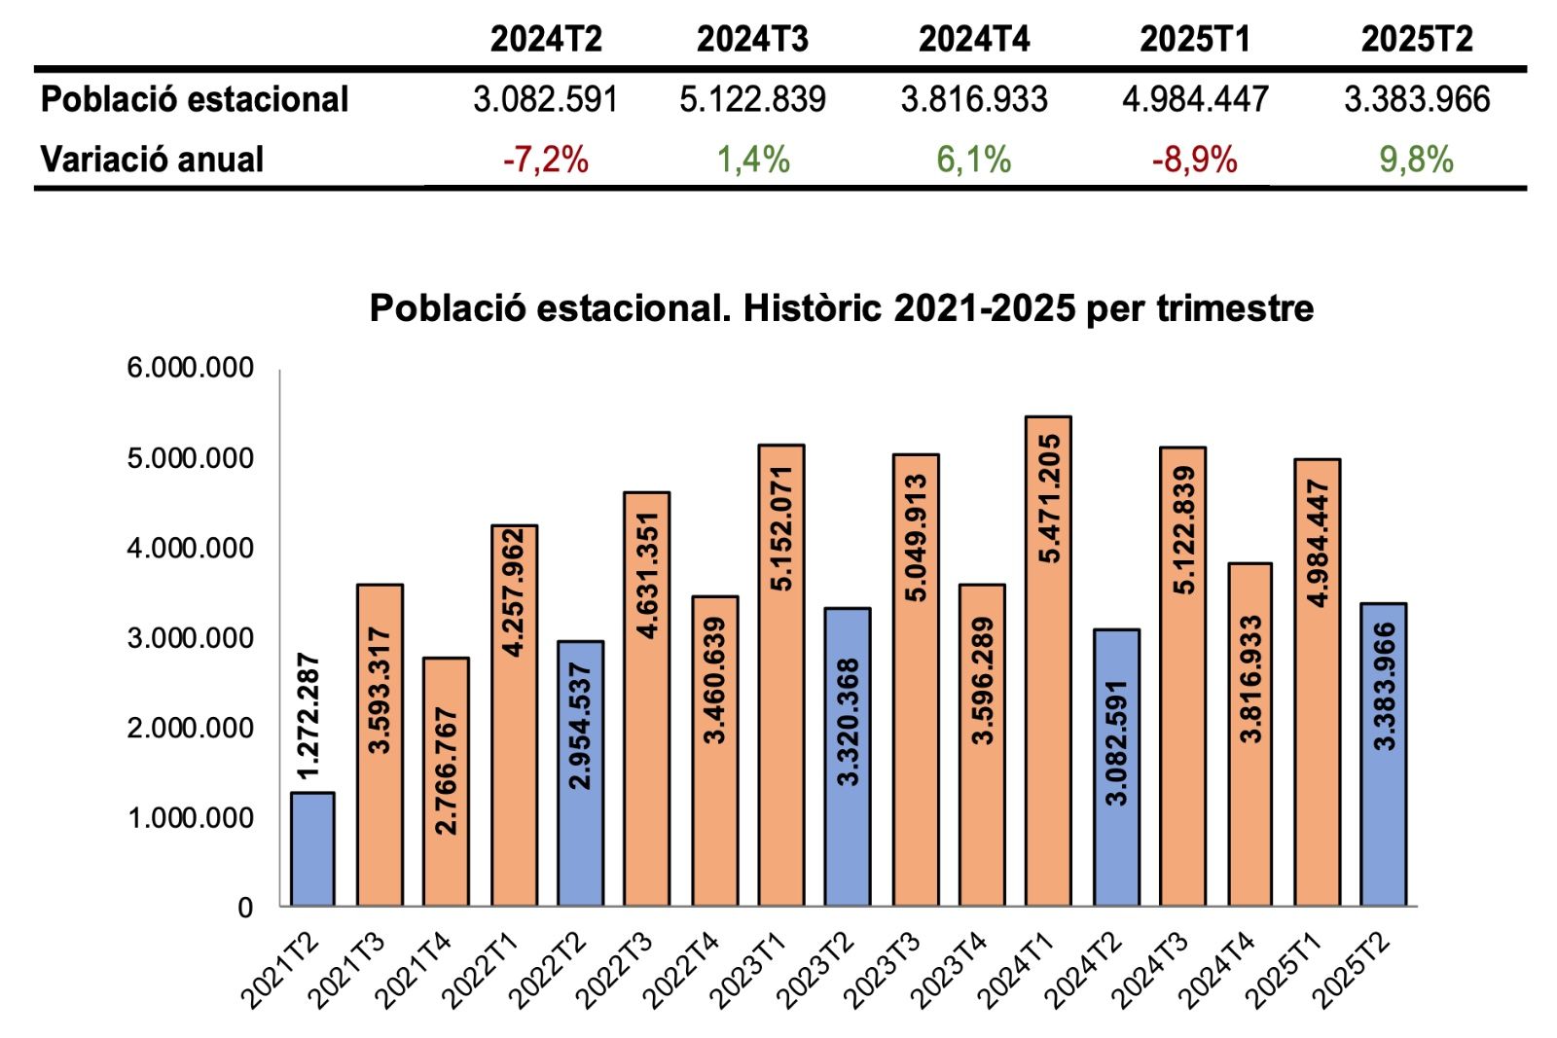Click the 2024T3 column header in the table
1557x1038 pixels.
coord(752,39)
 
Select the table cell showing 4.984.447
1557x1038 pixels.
coord(1195,99)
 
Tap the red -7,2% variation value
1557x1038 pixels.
coord(545,160)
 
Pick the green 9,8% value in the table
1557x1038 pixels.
coord(1416,160)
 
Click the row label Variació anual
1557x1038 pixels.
coord(152,160)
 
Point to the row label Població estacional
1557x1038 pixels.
coord(195,99)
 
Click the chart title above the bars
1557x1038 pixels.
coord(842,308)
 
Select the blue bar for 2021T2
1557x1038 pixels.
coord(312,849)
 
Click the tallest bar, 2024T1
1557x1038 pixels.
coord(1048,662)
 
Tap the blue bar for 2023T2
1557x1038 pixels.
coord(848,757)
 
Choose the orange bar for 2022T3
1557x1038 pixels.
coord(647,698)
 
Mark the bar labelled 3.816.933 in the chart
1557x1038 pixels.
coord(1249,734)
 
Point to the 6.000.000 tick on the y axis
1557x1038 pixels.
coord(190,369)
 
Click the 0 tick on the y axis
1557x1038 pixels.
coord(245,908)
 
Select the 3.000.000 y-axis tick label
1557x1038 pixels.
coord(190,638)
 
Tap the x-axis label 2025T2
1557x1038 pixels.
coord(1352,970)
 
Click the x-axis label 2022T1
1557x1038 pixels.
coord(480,970)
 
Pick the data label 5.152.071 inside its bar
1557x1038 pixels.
coord(781,528)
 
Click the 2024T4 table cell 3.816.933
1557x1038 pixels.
coord(974,99)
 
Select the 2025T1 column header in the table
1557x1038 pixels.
coord(1195,39)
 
